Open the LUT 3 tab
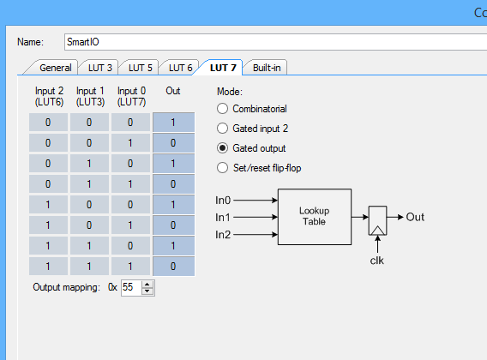(99, 68)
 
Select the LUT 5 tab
(140, 68)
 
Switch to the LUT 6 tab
(180, 68)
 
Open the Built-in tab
(266, 68)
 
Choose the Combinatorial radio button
(222, 109)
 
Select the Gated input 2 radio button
(222, 129)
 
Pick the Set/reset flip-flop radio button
(222, 168)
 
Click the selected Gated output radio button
(222, 148)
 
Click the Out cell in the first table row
(173, 123)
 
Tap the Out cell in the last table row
(173, 267)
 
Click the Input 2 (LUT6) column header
(49, 96)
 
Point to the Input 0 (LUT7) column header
(131, 96)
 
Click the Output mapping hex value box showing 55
(131, 288)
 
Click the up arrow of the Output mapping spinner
(147, 285)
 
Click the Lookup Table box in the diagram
(315, 217)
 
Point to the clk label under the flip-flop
(376, 261)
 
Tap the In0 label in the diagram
(223, 201)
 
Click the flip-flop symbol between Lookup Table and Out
(377, 220)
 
